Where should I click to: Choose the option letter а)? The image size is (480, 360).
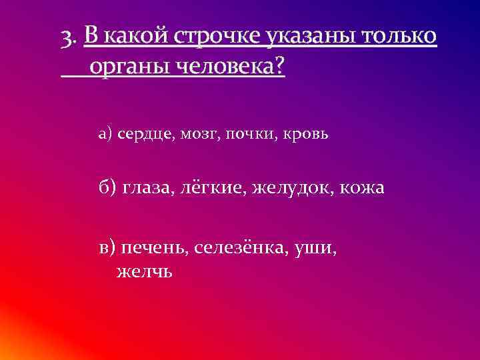[x=105, y=134]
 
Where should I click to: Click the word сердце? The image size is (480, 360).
[x=146, y=134]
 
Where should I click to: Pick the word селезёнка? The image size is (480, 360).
[x=245, y=248]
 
